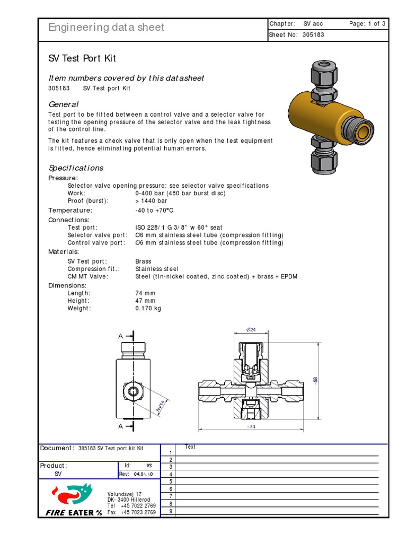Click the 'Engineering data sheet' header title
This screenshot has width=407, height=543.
[x=106, y=28]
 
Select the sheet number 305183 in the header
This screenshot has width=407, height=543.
[x=314, y=35]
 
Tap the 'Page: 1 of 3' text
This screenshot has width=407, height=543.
[x=367, y=24]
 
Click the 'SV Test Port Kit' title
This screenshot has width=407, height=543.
[x=82, y=58]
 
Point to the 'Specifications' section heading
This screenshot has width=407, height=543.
[x=76, y=168]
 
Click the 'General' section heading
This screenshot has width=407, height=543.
[x=63, y=104]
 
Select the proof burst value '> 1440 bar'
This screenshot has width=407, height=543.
[x=151, y=201]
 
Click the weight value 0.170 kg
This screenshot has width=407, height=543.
[x=148, y=308]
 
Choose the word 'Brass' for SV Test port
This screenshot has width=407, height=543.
[x=143, y=261]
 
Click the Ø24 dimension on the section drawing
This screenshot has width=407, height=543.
[x=251, y=330]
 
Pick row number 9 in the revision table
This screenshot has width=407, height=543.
[x=171, y=511]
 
